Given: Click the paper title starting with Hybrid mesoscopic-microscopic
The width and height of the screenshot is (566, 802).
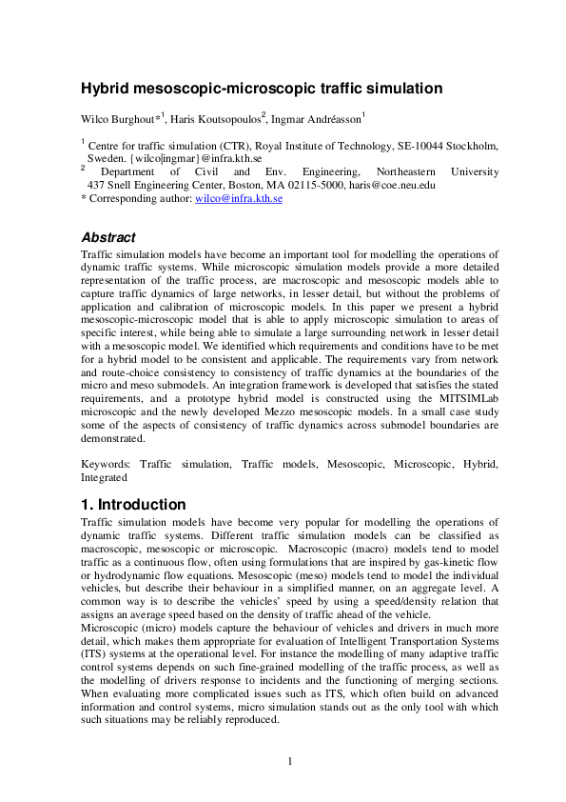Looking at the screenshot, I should click(262, 90).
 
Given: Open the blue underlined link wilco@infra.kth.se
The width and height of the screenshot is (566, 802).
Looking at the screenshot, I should click(238, 199).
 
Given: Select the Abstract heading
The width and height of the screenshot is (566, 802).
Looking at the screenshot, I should click(108, 237).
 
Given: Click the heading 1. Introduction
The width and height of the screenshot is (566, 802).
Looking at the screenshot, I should click(133, 504).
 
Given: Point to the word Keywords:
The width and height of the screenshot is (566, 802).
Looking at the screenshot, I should click(107, 463).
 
